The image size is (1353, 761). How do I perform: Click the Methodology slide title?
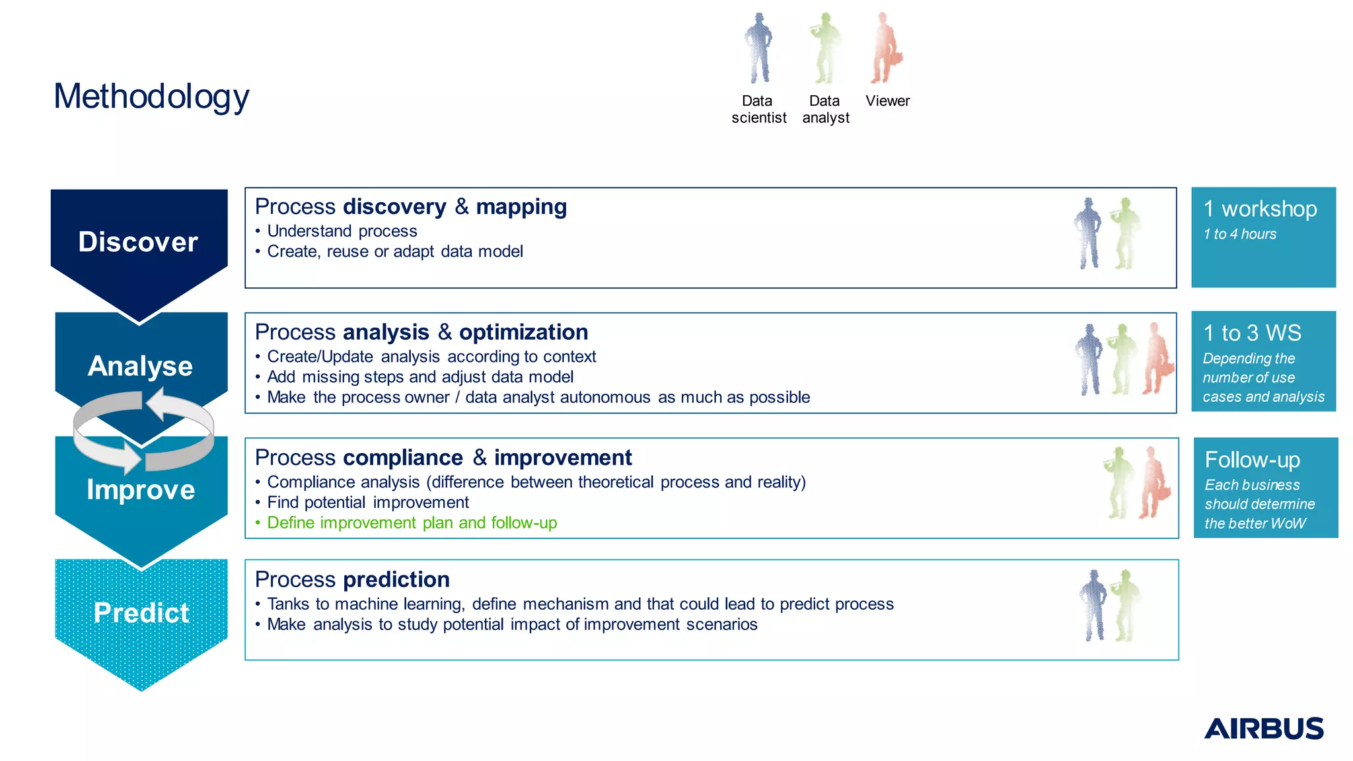(151, 96)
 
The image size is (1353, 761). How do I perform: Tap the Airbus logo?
(1263, 728)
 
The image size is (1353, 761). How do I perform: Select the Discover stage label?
(138, 242)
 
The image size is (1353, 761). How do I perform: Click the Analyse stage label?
(140, 366)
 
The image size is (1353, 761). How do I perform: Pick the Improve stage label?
(141, 489)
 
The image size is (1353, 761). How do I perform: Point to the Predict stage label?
(141, 612)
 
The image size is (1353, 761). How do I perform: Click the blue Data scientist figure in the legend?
(758, 48)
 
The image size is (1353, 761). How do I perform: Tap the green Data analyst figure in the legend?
(824, 48)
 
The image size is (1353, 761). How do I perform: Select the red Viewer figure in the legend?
(885, 48)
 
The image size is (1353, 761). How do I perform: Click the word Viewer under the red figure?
(887, 101)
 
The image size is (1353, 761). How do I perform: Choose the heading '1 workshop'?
(1260, 209)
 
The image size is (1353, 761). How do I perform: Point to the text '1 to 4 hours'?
(1239, 235)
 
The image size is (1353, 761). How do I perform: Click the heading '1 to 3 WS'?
(1252, 333)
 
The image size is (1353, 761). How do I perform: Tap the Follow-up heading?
(1252, 460)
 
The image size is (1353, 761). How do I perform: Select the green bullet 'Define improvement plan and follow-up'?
(412, 523)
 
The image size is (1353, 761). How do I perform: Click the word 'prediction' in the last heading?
(396, 579)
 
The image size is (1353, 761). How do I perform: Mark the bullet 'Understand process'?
(342, 231)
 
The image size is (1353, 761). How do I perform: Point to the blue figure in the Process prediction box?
(1094, 605)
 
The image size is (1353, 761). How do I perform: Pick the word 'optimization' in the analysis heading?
(523, 332)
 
